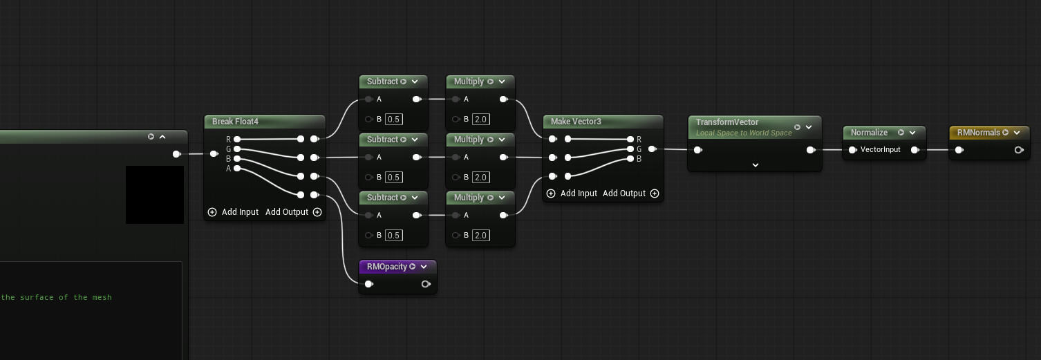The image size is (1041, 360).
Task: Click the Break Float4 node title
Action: pyautogui.click(x=235, y=122)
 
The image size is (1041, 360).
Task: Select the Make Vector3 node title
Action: pyautogui.click(x=576, y=122)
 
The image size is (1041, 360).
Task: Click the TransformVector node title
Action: pyautogui.click(x=727, y=122)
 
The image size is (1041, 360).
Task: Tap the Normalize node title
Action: pyautogui.click(x=869, y=133)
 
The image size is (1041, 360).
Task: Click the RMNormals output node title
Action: pyautogui.click(x=978, y=133)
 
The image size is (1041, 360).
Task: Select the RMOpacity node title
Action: pyautogui.click(x=386, y=267)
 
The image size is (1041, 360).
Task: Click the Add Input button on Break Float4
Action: pyautogui.click(x=233, y=212)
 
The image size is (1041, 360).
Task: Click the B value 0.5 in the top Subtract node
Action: pyautogui.click(x=393, y=120)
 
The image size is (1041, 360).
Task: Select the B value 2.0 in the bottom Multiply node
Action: pyautogui.click(x=480, y=236)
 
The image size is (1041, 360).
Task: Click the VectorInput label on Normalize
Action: pyautogui.click(x=880, y=149)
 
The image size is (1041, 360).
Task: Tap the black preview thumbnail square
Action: pyautogui.click(x=155, y=195)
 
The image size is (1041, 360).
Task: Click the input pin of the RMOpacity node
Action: pyautogui.click(x=369, y=284)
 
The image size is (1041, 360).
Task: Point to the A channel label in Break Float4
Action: pyautogui.click(x=228, y=169)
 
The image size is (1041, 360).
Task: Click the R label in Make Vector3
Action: pyautogui.click(x=639, y=140)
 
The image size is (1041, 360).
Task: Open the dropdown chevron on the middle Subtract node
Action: pyautogui.click(x=415, y=140)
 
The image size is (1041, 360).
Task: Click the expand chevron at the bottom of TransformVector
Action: pyautogui.click(x=756, y=165)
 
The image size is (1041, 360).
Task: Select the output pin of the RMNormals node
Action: pyautogui.click(x=1019, y=150)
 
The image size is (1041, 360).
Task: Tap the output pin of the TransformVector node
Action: pyautogui.click(x=811, y=150)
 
